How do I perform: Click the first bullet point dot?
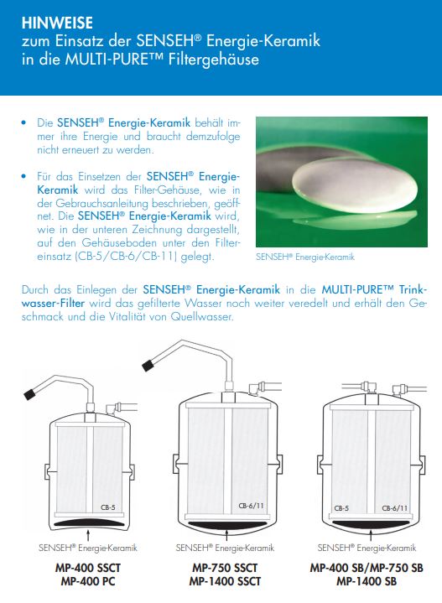coord(24,123)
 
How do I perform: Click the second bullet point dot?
coord(24,178)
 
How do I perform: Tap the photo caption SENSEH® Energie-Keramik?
coord(305,257)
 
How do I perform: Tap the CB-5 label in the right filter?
coord(342,507)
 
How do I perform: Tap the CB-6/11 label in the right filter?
coord(395,507)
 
